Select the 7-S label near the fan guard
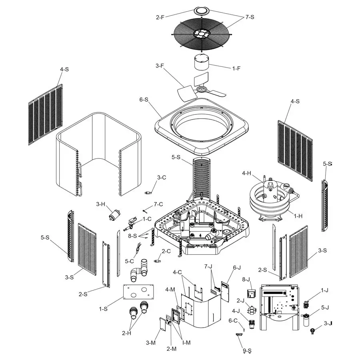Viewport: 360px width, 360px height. (x=250, y=17)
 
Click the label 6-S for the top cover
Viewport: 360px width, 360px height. (x=143, y=99)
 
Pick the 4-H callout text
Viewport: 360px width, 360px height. (x=247, y=173)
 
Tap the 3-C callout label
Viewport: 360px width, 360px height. (x=162, y=178)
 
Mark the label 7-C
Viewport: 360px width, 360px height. (x=158, y=205)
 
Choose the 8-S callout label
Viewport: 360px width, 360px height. (x=132, y=236)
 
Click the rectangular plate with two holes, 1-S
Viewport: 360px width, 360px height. (x=138, y=291)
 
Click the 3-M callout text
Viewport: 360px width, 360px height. (x=151, y=343)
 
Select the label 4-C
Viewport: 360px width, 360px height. (x=177, y=272)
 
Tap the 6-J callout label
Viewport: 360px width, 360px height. (x=237, y=268)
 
